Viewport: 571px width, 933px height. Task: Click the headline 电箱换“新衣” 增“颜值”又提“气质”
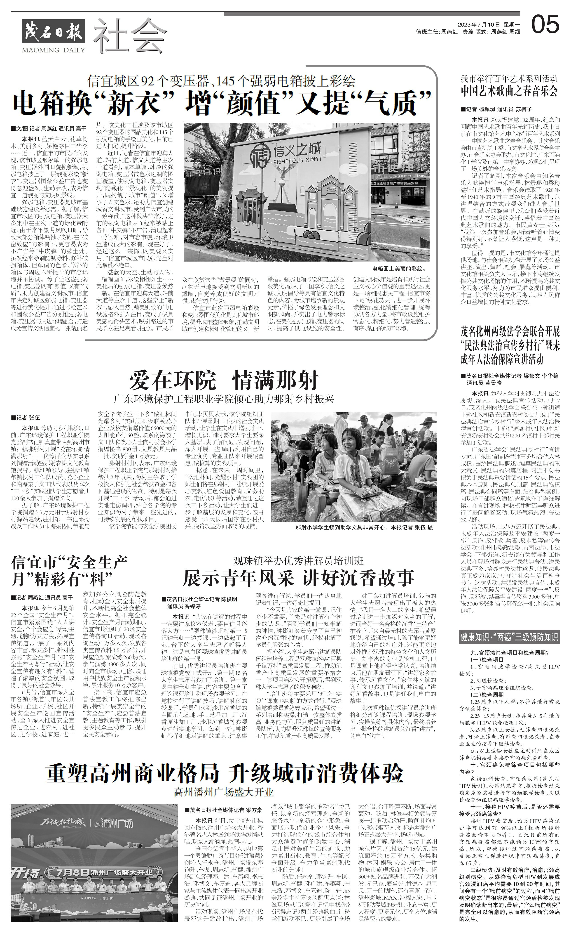point(222,102)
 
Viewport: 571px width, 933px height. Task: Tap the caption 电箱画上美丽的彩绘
point(399,269)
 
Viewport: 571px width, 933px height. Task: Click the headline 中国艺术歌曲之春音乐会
point(509,91)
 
